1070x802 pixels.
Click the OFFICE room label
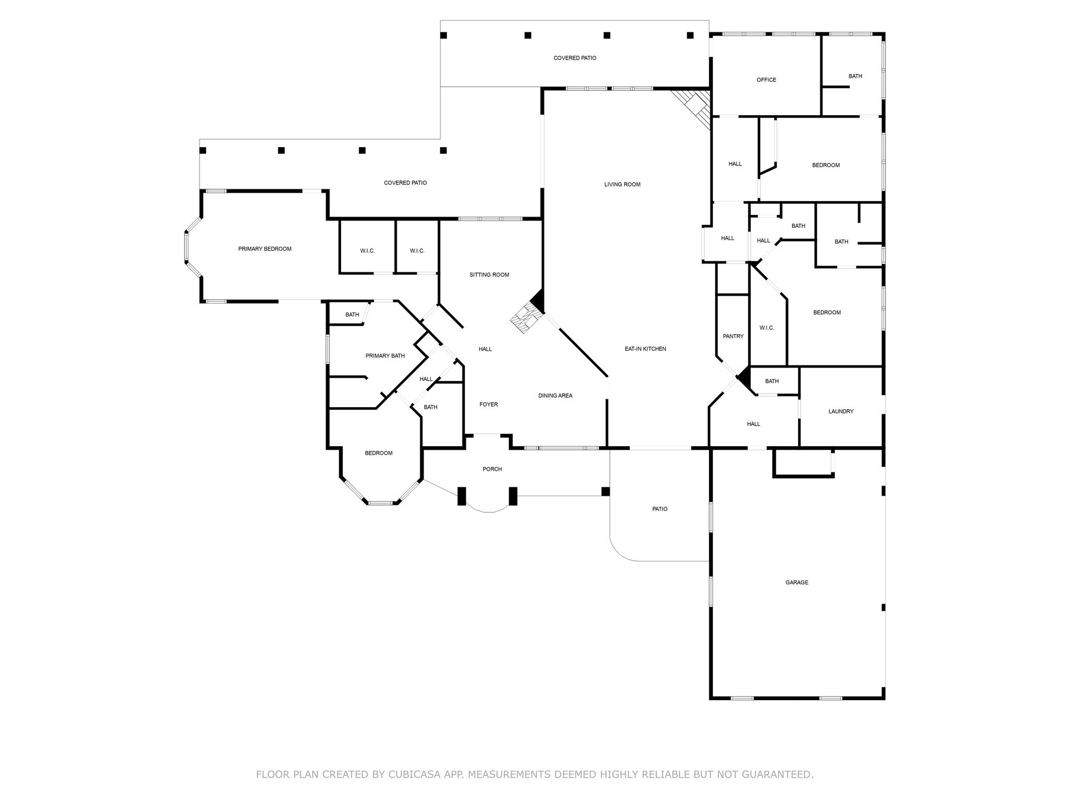click(x=766, y=80)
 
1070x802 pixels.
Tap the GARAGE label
click(x=797, y=583)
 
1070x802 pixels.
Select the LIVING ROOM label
click(x=622, y=184)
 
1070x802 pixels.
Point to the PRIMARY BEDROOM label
click(x=265, y=249)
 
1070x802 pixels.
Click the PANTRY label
click(x=733, y=336)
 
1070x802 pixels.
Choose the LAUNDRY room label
click(x=841, y=412)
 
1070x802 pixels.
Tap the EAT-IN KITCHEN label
click(x=645, y=349)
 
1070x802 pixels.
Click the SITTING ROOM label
click(x=489, y=275)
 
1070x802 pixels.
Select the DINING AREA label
click(x=555, y=396)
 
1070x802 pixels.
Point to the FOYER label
click(x=489, y=405)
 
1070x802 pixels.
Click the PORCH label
click(x=492, y=470)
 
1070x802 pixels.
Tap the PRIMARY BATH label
click(x=385, y=356)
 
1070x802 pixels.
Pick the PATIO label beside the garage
click(x=660, y=509)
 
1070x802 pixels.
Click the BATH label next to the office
click(x=855, y=76)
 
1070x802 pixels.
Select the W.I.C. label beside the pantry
click(x=767, y=328)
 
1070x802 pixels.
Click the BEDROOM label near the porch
click(x=379, y=453)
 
